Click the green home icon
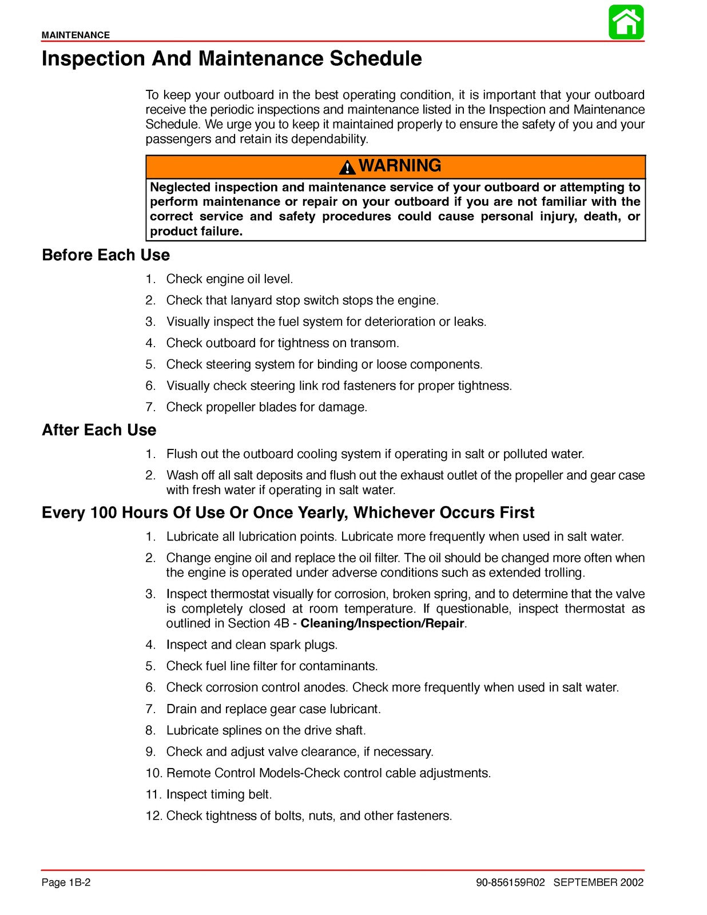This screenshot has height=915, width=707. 626,22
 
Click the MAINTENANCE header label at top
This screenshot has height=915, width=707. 76,35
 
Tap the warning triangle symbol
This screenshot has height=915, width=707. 347,167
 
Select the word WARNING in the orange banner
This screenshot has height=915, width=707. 400,166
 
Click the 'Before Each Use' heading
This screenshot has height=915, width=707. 106,255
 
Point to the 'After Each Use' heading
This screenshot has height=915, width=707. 99,430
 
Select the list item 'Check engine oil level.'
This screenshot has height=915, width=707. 229,279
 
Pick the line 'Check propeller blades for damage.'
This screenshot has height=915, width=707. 267,407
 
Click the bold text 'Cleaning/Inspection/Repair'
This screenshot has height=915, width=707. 383,623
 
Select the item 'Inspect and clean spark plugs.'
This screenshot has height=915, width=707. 252,645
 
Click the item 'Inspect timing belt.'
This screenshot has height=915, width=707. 219,794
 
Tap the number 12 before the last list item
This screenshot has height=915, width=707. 153,816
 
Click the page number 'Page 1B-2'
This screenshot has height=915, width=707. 66,882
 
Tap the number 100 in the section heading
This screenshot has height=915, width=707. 104,513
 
